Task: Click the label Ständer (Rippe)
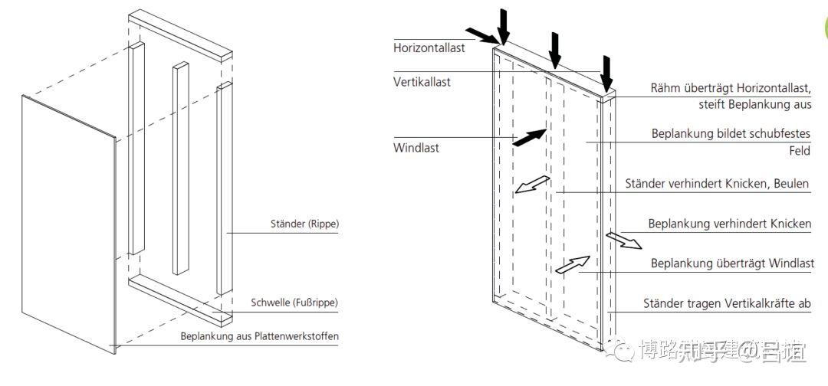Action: [304, 224]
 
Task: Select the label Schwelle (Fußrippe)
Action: [294, 303]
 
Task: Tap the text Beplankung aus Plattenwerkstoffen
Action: [259, 336]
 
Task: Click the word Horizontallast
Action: [429, 47]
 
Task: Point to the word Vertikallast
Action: [422, 82]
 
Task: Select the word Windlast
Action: [416, 148]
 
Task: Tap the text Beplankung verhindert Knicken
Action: [729, 224]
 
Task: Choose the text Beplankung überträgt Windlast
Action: [732, 263]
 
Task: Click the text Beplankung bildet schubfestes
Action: [731, 133]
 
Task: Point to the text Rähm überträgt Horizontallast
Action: [731, 89]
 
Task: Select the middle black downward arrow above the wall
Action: [555, 51]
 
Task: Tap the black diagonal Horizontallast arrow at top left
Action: [482, 35]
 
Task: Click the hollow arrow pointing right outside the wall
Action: [623, 240]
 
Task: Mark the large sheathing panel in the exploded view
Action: [69, 222]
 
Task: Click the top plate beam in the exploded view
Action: [180, 36]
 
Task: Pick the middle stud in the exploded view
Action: [180, 168]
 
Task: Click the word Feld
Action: [800, 151]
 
